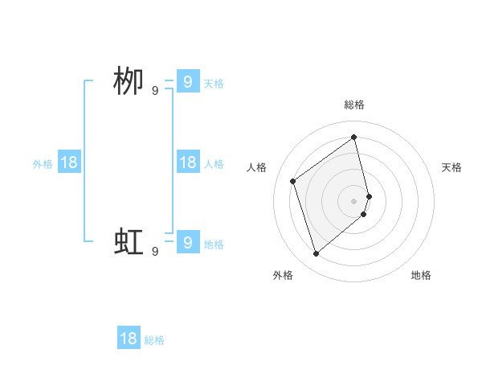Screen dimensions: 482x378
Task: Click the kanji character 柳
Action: coord(129,82)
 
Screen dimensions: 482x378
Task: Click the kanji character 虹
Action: coord(129,241)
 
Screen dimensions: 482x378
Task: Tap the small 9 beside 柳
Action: coord(155,91)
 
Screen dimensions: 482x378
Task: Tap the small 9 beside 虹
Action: coord(155,251)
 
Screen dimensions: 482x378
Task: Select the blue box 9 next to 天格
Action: coord(187,81)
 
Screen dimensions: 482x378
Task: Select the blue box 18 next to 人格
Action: coord(187,162)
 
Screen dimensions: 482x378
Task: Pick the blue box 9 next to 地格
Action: coord(187,241)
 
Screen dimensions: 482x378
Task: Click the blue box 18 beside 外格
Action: coord(69,162)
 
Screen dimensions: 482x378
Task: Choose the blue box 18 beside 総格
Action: coord(129,339)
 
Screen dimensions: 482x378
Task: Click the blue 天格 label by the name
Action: coord(214,84)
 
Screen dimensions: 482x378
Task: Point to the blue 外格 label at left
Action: coord(43,164)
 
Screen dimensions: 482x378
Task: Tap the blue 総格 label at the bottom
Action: coord(154,340)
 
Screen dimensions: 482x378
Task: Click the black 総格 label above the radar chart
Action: coord(354,105)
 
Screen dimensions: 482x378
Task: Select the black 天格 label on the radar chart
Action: coord(451,167)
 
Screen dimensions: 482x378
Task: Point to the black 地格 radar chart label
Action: coord(421,275)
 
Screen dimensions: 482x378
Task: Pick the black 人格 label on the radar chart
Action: coord(257,167)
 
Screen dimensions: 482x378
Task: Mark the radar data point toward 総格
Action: coord(354,137)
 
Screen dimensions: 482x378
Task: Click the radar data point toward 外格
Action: coord(316,254)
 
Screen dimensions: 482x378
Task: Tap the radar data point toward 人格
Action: coord(293,181)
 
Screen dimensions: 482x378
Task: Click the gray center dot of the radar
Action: coord(354,200)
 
